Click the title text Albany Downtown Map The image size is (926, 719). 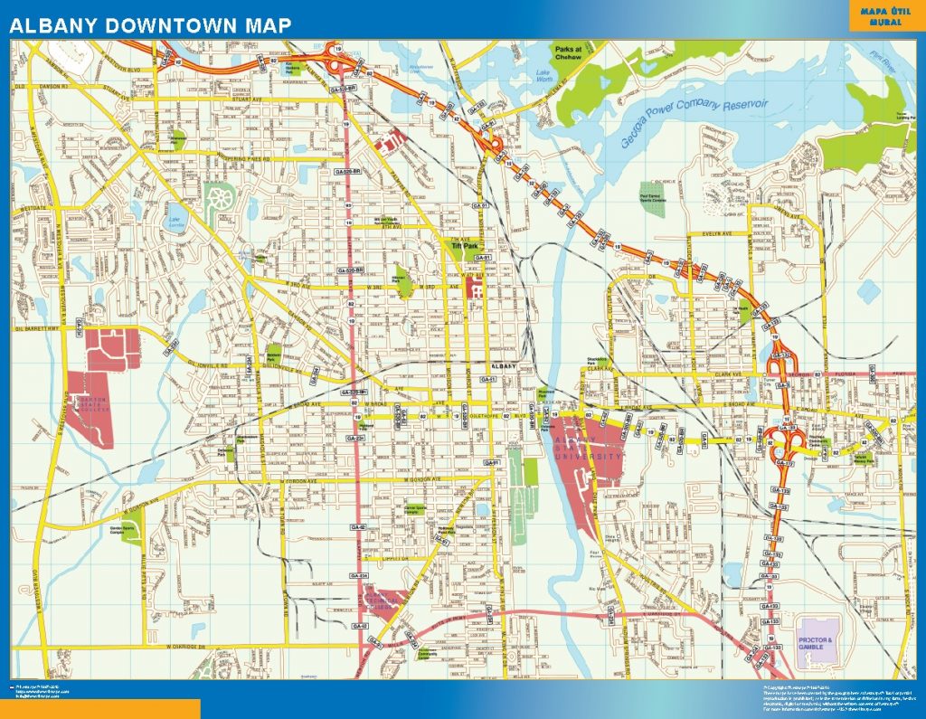point(150,25)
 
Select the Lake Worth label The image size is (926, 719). point(543,76)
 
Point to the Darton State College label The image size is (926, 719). point(89,402)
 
